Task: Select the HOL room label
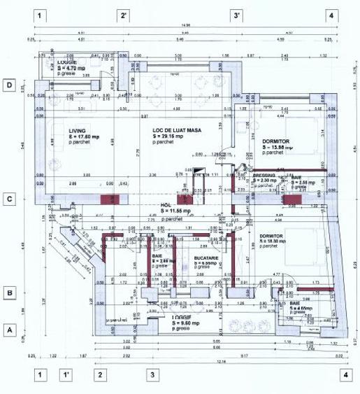point(166,205)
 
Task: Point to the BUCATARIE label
point(207,258)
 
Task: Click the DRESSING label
point(264,176)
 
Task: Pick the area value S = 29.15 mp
point(171,136)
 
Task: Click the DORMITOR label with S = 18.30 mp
point(271,237)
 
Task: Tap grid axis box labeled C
point(10,199)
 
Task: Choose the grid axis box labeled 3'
point(237,15)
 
